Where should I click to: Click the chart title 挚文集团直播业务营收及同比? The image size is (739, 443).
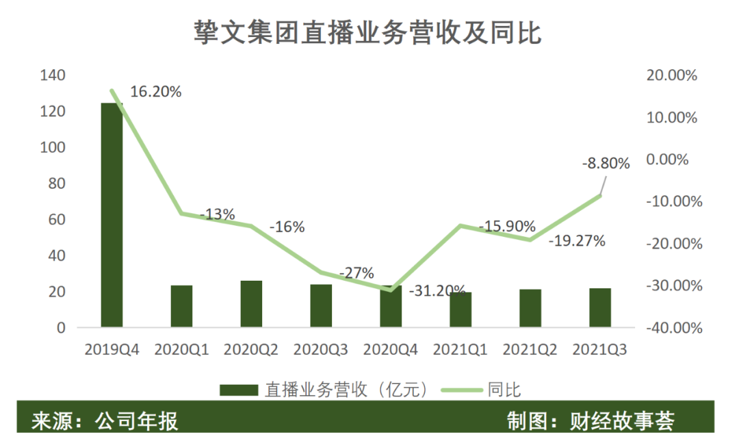click(x=368, y=32)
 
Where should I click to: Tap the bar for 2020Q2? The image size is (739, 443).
click(x=251, y=303)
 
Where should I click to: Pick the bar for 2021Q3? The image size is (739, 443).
click(x=600, y=307)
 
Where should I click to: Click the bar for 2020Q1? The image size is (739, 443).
click(x=181, y=305)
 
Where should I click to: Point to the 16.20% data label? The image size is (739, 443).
click(x=155, y=92)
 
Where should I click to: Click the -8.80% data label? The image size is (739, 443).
click(x=605, y=164)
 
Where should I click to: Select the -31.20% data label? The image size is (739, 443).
click(x=438, y=290)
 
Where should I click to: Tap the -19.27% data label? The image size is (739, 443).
click(x=577, y=241)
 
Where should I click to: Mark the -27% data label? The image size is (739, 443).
click(x=356, y=273)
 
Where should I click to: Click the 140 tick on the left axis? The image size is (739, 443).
click(x=53, y=75)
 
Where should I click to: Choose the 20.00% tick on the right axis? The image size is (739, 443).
click(x=671, y=76)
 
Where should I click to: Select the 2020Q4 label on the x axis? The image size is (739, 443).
click(x=390, y=350)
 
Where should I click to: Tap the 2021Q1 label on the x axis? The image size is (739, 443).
click(x=460, y=350)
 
